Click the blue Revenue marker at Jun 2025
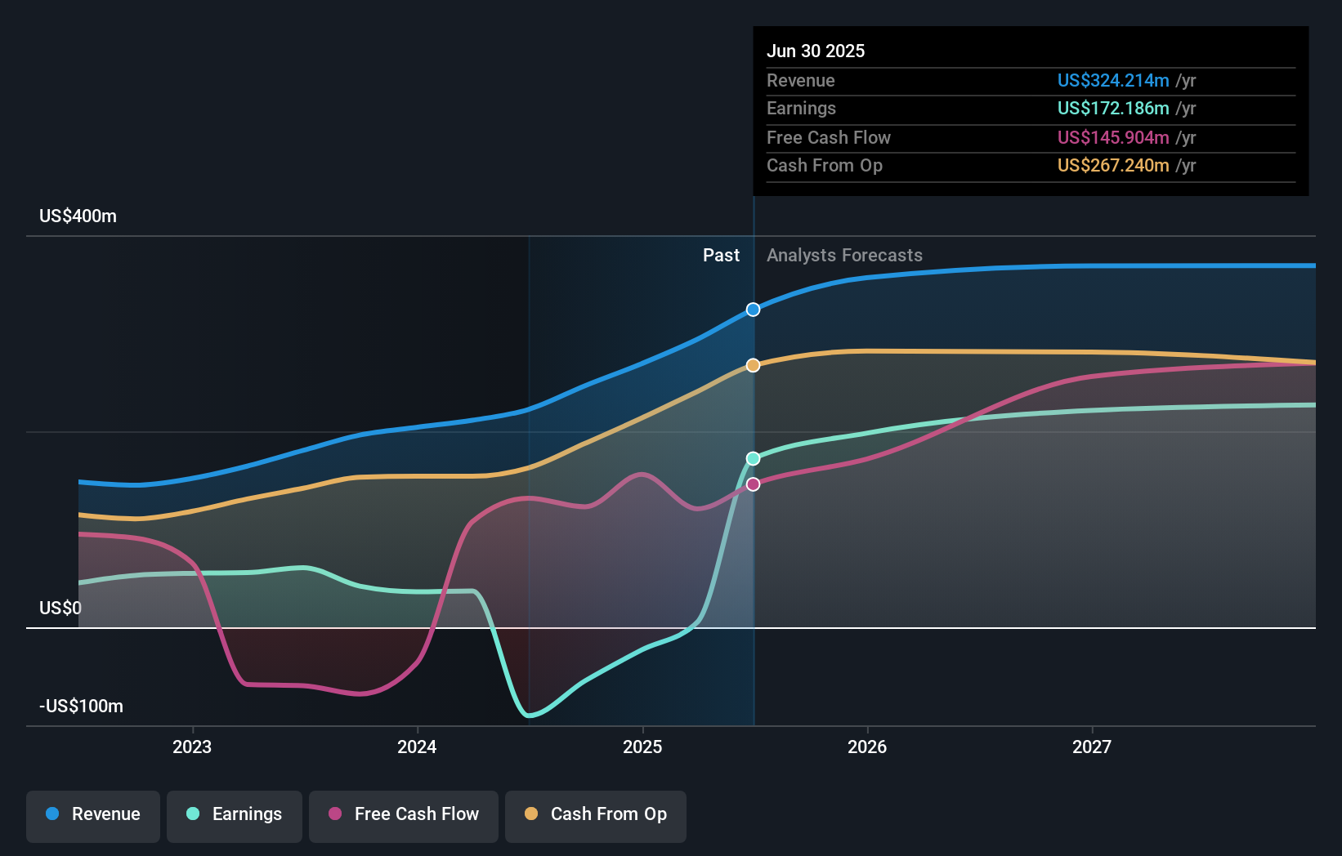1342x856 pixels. tap(753, 310)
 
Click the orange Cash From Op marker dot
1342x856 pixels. tap(753, 365)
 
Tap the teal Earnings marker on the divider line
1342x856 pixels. tap(753, 458)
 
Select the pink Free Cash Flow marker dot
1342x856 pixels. tap(753, 484)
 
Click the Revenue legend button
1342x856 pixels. tap(93, 814)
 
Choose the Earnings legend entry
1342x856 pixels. tap(235, 814)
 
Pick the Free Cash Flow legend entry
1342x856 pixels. tap(404, 814)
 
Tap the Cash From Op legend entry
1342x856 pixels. tap(596, 814)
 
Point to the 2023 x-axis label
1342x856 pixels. tap(192, 747)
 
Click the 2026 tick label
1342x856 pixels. tap(867, 747)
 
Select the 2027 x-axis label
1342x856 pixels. tap(1092, 747)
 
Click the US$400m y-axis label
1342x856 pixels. tap(78, 216)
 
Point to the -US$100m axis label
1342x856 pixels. tap(81, 707)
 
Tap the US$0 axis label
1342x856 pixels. tap(60, 609)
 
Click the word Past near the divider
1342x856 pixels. tap(721, 256)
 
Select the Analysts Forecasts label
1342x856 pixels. tap(844, 256)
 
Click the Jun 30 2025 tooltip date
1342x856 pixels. tap(815, 51)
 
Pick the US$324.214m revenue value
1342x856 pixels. tap(1112, 80)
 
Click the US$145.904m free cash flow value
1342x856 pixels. tap(1112, 137)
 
